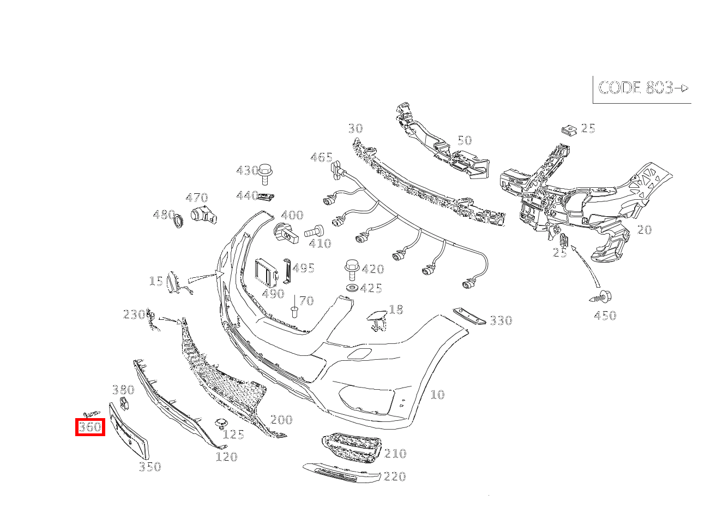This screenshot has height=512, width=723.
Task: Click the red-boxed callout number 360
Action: pos(90,427)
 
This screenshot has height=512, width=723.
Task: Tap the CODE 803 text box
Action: pos(642,88)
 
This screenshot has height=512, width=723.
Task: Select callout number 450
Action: pos(605,315)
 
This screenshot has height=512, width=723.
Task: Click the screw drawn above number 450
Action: pos(601,297)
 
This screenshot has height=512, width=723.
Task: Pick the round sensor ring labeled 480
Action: pos(177,221)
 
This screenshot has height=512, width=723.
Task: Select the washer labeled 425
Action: pos(352,288)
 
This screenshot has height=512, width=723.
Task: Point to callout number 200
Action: pos(281,420)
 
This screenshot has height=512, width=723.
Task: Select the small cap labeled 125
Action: pos(221,424)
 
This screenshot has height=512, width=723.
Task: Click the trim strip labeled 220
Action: pos(341,473)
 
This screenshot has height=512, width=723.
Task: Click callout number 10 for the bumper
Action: pos(437,395)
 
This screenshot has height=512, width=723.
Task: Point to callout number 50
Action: pos(464,140)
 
